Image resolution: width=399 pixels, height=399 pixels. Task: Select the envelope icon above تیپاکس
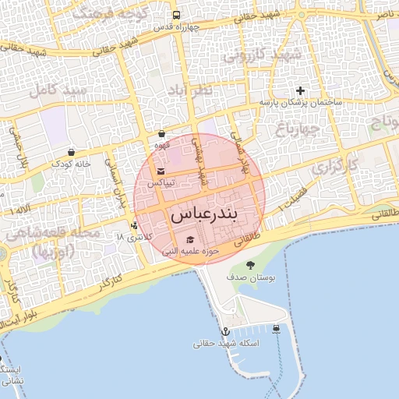click(161, 171)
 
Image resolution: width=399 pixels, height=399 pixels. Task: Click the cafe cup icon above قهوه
click(161, 134)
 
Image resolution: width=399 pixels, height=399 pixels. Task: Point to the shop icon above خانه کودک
click(72, 152)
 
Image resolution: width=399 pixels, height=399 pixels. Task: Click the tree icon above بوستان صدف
click(249, 266)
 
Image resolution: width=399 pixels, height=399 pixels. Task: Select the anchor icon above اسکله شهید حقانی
click(225, 331)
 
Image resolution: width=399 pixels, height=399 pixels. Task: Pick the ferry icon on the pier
click(277, 328)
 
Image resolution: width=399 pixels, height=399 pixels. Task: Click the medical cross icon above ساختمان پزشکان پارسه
click(300, 91)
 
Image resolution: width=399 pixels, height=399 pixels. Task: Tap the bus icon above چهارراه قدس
click(176, 15)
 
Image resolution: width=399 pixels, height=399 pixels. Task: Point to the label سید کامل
click(55, 90)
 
